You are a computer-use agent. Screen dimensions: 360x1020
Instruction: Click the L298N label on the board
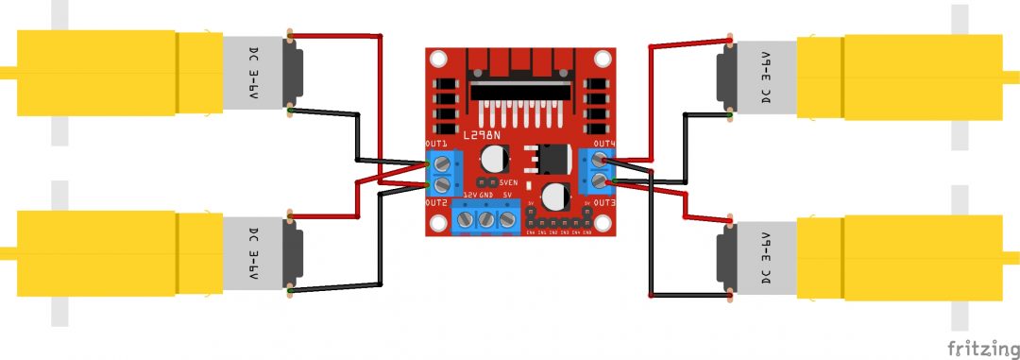(484, 137)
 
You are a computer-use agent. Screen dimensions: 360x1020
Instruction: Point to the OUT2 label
(435, 203)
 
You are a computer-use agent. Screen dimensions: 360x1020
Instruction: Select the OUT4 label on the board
(604, 144)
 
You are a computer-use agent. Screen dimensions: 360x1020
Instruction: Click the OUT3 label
(604, 203)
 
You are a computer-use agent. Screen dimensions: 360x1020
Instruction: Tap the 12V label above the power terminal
(468, 195)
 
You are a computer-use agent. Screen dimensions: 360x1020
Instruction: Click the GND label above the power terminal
(486, 195)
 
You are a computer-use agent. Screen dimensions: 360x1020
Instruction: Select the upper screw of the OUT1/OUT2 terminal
(442, 163)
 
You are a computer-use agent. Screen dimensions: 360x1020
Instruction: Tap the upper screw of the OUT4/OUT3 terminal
(599, 162)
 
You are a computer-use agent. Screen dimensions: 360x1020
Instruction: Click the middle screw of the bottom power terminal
(485, 220)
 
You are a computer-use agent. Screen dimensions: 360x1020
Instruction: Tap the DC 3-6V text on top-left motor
(254, 73)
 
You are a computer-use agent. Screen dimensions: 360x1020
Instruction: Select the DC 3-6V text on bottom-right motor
(765, 260)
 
